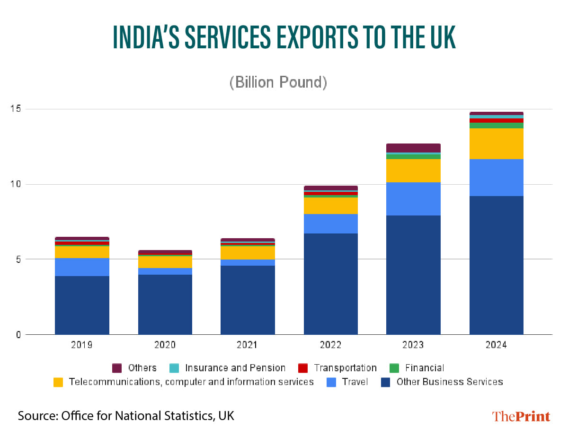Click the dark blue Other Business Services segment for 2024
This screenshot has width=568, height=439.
496,265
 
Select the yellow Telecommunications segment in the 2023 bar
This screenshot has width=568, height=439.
413,170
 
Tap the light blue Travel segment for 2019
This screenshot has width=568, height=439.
82,267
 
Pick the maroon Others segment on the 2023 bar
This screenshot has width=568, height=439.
413,148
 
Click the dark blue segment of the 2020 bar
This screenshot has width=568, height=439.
165,304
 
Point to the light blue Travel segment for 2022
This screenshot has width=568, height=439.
330,224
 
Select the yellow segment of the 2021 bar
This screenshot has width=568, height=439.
248,253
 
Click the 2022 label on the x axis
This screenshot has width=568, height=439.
330,345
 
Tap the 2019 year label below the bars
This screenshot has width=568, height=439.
82,345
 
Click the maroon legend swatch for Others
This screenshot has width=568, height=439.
117,368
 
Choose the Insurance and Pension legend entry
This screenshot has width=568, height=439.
235,368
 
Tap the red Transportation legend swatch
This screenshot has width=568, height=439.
303,368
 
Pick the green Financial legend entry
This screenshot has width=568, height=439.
424,368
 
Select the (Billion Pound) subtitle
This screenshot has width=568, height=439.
278,82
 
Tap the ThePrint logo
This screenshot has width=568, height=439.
521,416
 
